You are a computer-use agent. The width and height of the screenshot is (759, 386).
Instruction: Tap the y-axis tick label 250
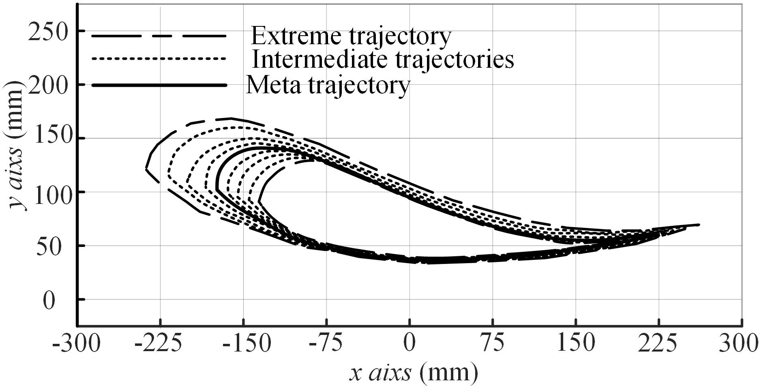pos(47,32)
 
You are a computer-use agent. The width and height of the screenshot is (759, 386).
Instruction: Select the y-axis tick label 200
pos(47,85)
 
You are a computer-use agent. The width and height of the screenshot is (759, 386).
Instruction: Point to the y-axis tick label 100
pos(47,193)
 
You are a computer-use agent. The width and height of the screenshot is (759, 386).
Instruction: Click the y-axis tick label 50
pos(54,246)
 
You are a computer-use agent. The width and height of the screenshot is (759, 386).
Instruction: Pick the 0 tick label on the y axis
pos(49,300)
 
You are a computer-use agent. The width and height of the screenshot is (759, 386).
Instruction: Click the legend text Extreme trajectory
pos(351,36)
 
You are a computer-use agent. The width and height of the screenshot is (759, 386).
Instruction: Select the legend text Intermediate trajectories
pos(383,60)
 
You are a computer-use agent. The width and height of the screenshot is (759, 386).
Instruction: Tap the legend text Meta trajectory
pos(328,86)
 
